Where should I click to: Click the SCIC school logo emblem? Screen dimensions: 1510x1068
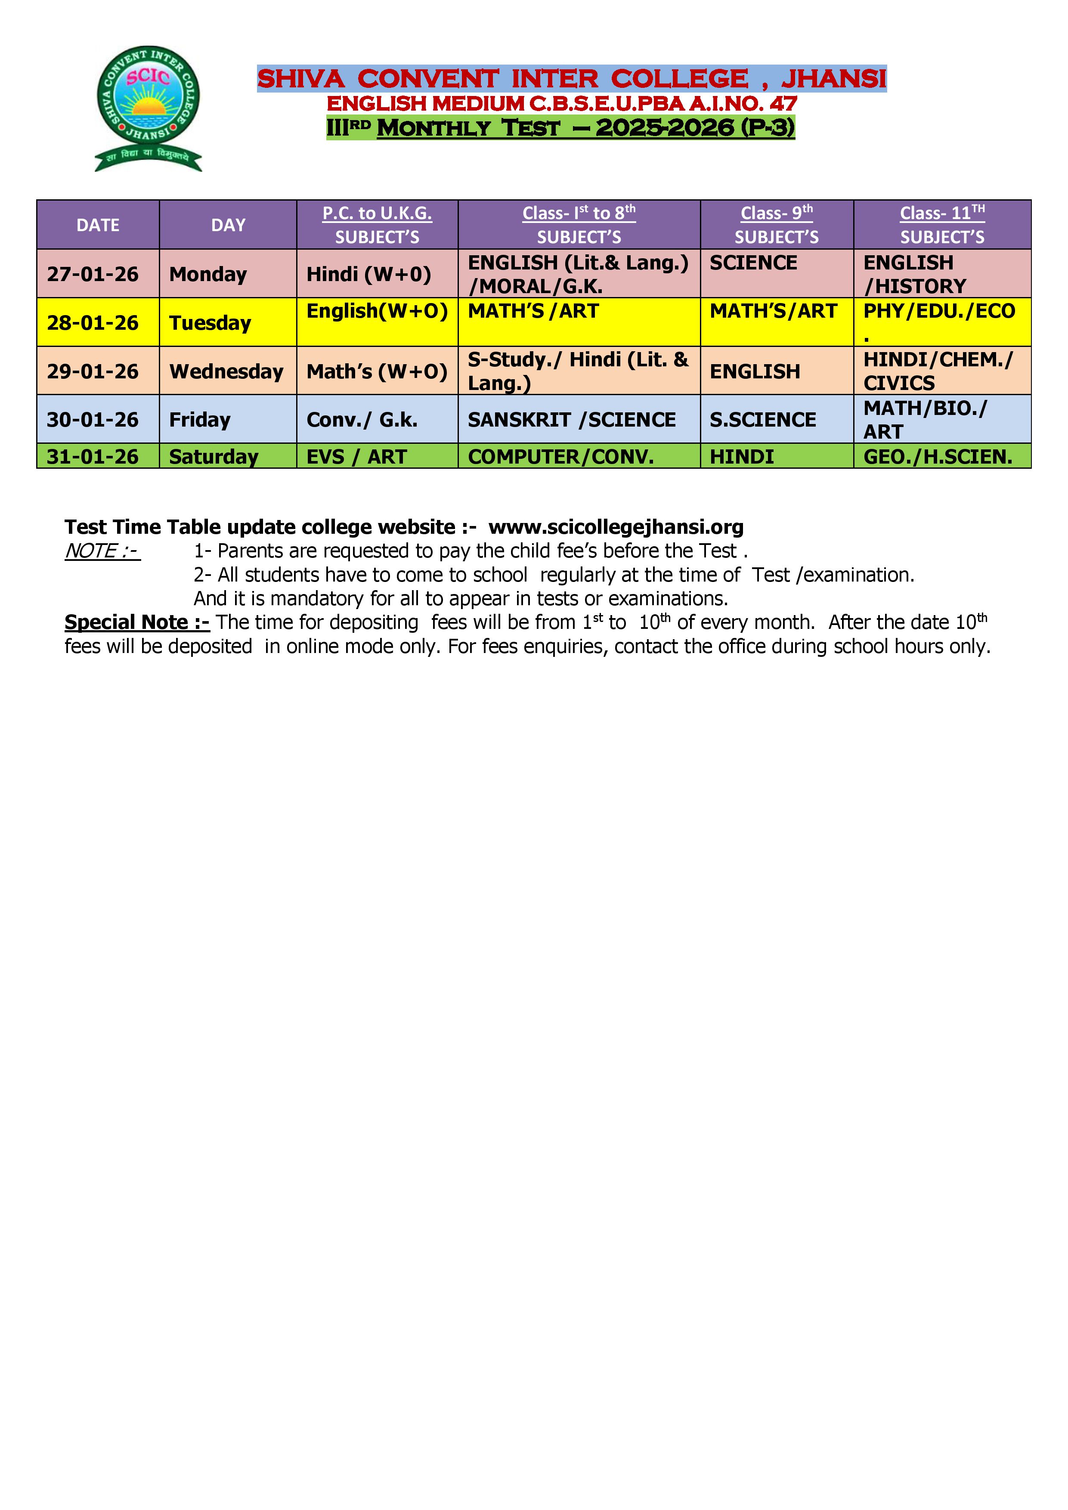click(x=148, y=107)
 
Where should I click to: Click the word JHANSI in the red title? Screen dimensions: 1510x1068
click(x=833, y=79)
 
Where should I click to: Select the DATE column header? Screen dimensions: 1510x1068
click(x=98, y=225)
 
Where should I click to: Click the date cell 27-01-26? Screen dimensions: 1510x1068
click(x=93, y=274)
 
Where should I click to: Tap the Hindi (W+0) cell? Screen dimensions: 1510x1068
click(x=368, y=274)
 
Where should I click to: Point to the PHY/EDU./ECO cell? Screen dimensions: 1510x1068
click(x=939, y=311)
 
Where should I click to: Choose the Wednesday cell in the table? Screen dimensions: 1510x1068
click(x=226, y=371)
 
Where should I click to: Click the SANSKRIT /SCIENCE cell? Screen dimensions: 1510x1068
click(x=572, y=420)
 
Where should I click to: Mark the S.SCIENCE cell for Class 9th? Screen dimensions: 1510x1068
click(x=763, y=420)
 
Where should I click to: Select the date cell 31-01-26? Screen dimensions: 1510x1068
click(x=93, y=456)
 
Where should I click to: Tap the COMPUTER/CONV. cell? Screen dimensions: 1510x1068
click(x=561, y=456)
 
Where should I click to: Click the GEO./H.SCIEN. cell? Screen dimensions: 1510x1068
click(x=938, y=456)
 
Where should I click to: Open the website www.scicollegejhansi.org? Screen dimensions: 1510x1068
click(x=616, y=527)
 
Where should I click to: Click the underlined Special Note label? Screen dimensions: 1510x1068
click(x=137, y=622)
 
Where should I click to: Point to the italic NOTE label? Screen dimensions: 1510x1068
click(x=102, y=551)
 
